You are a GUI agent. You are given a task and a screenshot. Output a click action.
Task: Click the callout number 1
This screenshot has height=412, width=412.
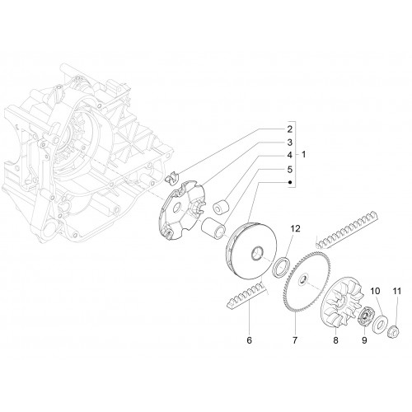(303, 154)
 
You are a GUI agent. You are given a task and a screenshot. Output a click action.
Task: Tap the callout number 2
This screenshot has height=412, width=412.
(290, 129)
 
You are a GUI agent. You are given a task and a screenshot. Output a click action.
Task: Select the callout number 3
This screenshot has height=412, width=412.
(290, 143)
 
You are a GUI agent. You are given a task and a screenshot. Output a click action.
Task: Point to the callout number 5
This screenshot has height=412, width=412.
(290, 170)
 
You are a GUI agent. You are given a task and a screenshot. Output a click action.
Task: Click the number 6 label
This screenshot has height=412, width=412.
(249, 340)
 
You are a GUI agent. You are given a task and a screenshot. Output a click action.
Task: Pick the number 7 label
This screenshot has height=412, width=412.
(295, 340)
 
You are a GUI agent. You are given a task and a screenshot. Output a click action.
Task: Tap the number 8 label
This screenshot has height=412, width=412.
(335, 340)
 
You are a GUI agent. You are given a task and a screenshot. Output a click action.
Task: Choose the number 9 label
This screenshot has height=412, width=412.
(364, 340)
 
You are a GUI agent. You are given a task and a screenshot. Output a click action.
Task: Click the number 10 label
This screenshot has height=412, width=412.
(376, 291)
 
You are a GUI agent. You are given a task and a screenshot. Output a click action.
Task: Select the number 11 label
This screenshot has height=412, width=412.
(397, 291)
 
